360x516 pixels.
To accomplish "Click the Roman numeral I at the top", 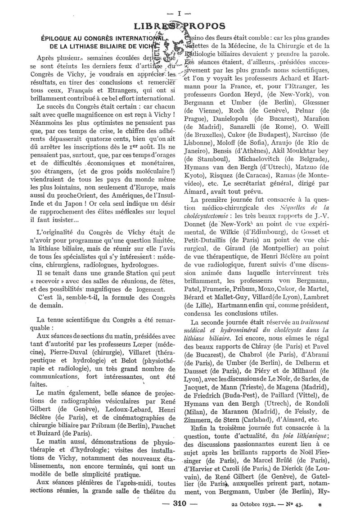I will pyautogui.click(x=180, y=13).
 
